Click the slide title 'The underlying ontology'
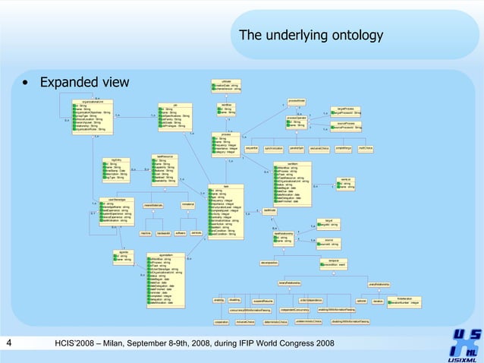pos(310,36)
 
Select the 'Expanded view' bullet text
pos(84,82)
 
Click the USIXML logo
pos(464,344)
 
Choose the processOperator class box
pos(296,122)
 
